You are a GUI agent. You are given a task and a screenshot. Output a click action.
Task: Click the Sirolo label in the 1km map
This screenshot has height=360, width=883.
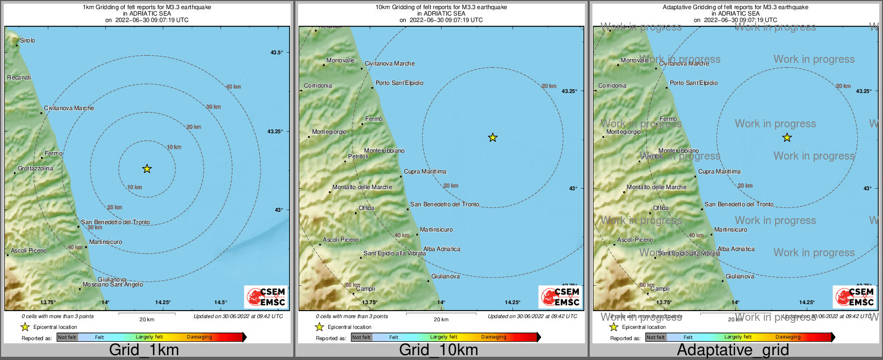tap(27, 40)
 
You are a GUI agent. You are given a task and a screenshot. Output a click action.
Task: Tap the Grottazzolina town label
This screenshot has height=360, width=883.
tap(35, 168)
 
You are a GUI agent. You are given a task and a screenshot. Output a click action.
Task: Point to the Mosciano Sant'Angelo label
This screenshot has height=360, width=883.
tap(113, 285)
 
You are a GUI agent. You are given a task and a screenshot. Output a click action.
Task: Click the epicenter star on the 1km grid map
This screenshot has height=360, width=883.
tap(147, 169)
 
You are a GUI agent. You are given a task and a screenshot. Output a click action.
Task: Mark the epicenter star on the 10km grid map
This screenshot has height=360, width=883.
tap(493, 138)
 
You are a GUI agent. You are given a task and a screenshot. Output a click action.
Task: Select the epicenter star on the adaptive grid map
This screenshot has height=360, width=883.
tap(787, 138)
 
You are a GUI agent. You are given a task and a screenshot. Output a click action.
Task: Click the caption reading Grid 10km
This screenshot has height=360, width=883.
tap(438, 350)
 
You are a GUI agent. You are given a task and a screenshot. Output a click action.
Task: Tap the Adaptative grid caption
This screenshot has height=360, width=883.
tap(733, 350)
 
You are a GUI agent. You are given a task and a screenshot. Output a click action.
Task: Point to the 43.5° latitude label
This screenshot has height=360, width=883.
tap(277, 52)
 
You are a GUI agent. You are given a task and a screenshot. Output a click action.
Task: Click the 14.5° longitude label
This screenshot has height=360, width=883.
tap(221, 303)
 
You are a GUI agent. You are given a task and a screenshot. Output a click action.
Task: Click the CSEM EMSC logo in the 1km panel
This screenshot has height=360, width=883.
tap(266, 297)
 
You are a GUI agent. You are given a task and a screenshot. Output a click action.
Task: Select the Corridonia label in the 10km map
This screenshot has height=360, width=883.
tap(318, 85)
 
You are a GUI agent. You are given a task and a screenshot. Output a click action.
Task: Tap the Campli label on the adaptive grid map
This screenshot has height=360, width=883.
tap(660, 289)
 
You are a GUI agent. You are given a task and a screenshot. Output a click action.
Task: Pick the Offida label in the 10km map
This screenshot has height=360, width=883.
tap(367, 208)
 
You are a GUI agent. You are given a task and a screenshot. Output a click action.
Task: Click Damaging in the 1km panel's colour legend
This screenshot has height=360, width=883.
tap(199, 337)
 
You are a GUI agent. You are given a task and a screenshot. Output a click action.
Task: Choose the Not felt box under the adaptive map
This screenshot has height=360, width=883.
tap(656, 337)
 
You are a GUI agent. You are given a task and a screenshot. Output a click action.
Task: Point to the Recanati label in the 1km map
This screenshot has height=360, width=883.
tap(19, 77)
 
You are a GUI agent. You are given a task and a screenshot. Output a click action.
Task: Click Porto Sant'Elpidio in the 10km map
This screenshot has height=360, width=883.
tap(399, 83)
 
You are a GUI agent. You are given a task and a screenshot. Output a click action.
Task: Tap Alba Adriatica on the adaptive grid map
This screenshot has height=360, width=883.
tap(736, 249)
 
